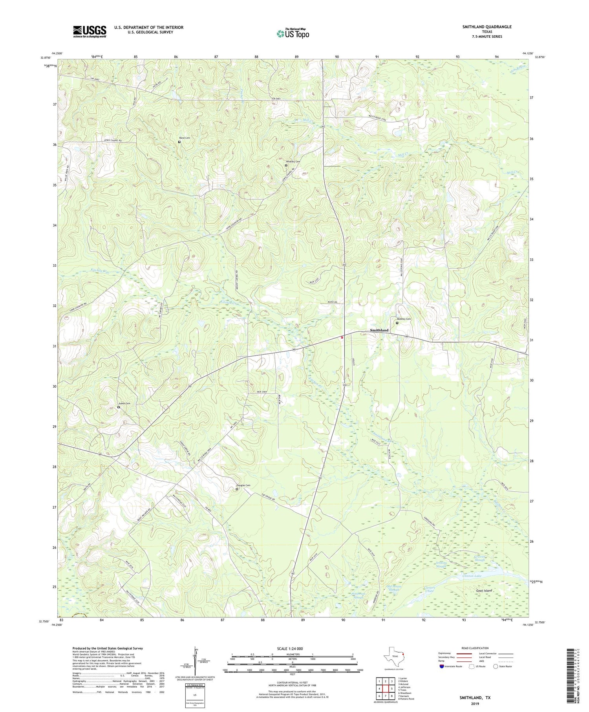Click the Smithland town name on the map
[379, 330]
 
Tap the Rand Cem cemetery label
[185, 138]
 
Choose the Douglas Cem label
[243, 485]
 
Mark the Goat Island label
[484, 591]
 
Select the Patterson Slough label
[358, 595]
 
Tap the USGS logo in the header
[90, 31]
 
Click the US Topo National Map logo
[293, 33]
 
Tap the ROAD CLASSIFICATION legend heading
[475, 648]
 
